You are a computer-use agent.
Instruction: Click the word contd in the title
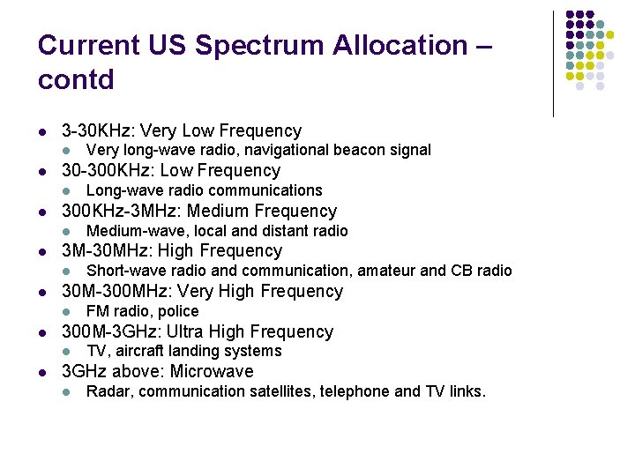click(76, 79)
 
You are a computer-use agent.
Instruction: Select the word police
click(178, 311)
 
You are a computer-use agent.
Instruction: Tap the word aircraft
click(138, 351)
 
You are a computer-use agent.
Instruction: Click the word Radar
click(107, 391)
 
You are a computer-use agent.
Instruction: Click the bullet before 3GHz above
click(42, 372)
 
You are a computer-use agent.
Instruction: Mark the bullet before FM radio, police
click(68, 311)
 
